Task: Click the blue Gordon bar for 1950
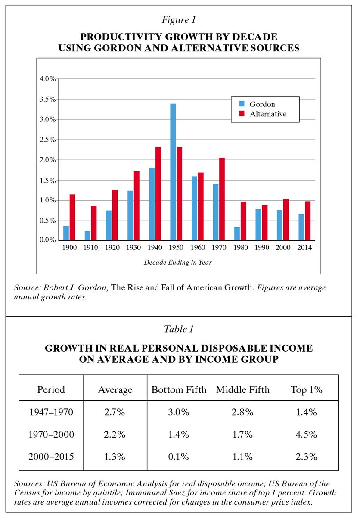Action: [x=173, y=171]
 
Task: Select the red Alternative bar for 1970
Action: [x=222, y=199]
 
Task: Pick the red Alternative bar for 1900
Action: [x=72, y=217]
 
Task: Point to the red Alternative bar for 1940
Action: [x=158, y=193]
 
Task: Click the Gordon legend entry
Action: [x=262, y=104]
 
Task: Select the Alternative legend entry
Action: [x=267, y=114]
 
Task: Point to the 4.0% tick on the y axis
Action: [x=48, y=79]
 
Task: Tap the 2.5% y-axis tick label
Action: [x=48, y=140]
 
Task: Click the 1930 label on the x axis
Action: [x=133, y=248]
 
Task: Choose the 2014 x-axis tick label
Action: [x=304, y=248]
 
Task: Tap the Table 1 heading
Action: [x=180, y=329]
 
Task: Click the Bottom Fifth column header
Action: [x=179, y=390]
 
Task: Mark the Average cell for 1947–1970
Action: [x=115, y=412]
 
